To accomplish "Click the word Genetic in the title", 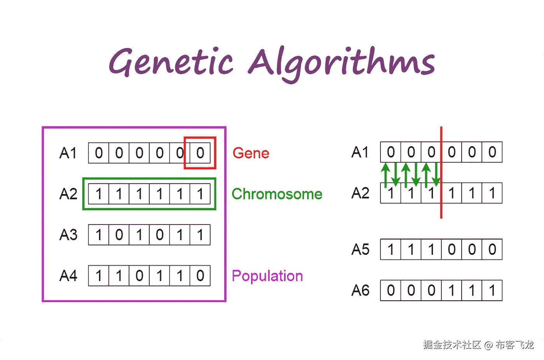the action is point(171,62).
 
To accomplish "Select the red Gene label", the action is point(251,153).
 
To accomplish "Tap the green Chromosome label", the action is point(277,194).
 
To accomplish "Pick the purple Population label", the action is point(267,276).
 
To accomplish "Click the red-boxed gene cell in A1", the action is point(200,153).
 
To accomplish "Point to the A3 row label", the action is point(68,235).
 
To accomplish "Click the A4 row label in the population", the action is point(68,276).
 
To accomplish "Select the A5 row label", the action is point(360,249).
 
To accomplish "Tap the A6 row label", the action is point(360,290).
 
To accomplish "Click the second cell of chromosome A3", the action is point(119,235).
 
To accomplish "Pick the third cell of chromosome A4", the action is point(139,276).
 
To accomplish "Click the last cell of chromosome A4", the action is point(200,276).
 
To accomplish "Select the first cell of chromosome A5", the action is point(391,249).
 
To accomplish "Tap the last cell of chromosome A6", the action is point(492,290).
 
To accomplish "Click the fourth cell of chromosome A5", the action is point(452,249).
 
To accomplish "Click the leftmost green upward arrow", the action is point(385,174).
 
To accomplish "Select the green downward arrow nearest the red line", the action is point(436,174).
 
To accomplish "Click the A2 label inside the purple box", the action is point(68,194).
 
